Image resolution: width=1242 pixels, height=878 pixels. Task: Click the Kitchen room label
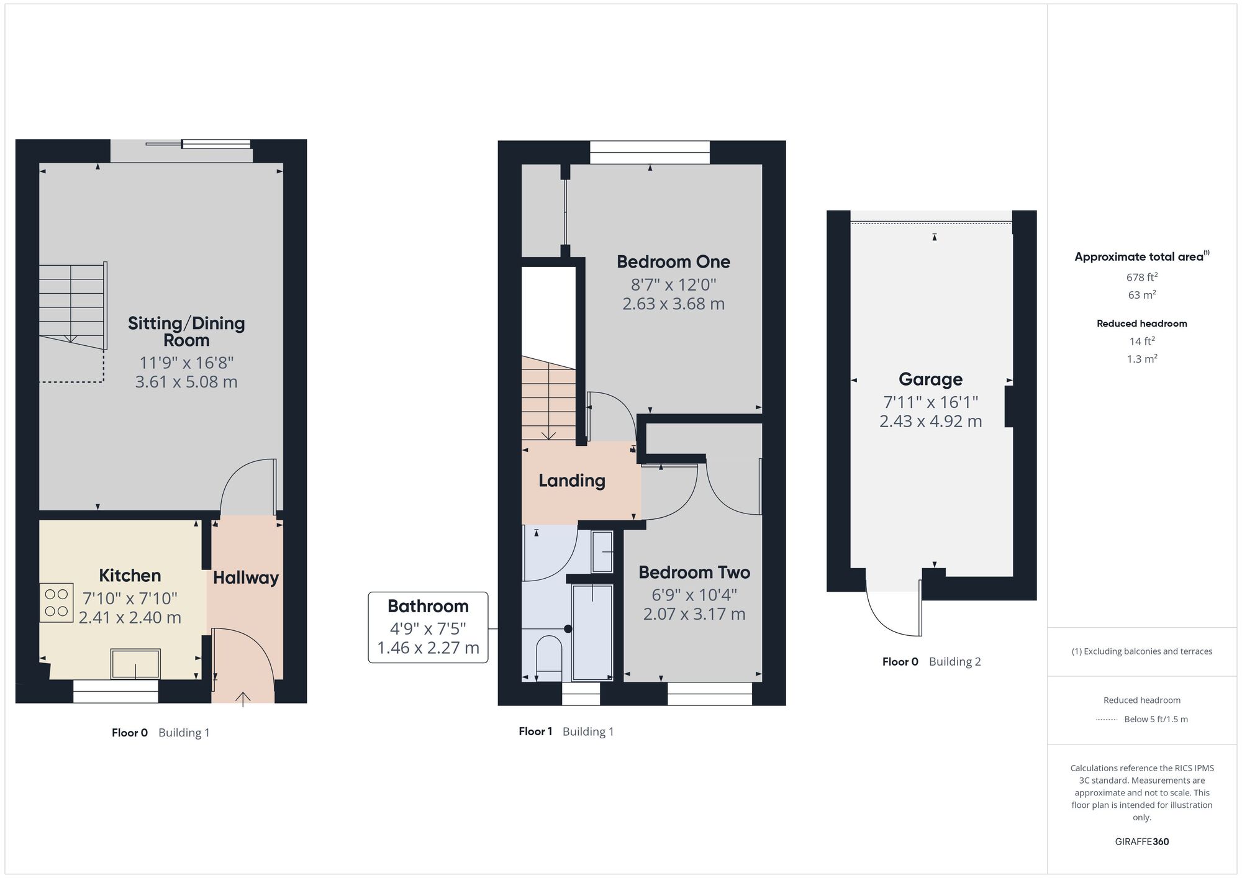pyautogui.click(x=130, y=576)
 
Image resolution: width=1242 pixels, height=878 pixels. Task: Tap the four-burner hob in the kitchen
pyautogui.click(x=57, y=603)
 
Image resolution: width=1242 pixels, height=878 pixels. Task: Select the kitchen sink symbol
pyautogui.click(x=135, y=664)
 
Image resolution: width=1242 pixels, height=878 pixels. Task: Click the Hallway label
pyautogui.click(x=246, y=578)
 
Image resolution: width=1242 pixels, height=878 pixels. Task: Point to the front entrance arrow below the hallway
pyautogui.click(x=243, y=699)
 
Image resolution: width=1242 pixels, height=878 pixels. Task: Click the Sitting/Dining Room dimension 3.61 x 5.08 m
pyautogui.click(x=186, y=382)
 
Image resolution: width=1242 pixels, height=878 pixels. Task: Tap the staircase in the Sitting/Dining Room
pyautogui.click(x=71, y=304)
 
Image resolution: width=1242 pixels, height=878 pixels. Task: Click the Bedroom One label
pyautogui.click(x=673, y=262)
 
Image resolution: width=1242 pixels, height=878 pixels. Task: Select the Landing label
pyautogui.click(x=571, y=481)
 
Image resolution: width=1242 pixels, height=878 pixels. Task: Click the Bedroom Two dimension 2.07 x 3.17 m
pyautogui.click(x=694, y=614)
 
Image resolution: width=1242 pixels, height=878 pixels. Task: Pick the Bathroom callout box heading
pyautogui.click(x=428, y=607)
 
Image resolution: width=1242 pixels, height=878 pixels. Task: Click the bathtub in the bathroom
pyautogui.click(x=592, y=630)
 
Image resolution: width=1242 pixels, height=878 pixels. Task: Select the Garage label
pyautogui.click(x=930, y=379)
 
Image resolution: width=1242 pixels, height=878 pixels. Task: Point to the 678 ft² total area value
pyautogui.click(x=1141, y=278)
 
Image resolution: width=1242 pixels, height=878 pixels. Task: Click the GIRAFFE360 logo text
pyautogui.click(x=1141, y=842)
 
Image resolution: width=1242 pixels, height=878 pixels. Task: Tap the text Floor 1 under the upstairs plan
pyautogui.click(x=535, y=731)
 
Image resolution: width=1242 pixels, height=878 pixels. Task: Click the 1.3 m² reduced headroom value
pyautogui.click(x=1141, y=359)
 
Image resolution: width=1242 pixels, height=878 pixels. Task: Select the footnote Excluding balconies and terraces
pyautogui.click(x=1141, y=651)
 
